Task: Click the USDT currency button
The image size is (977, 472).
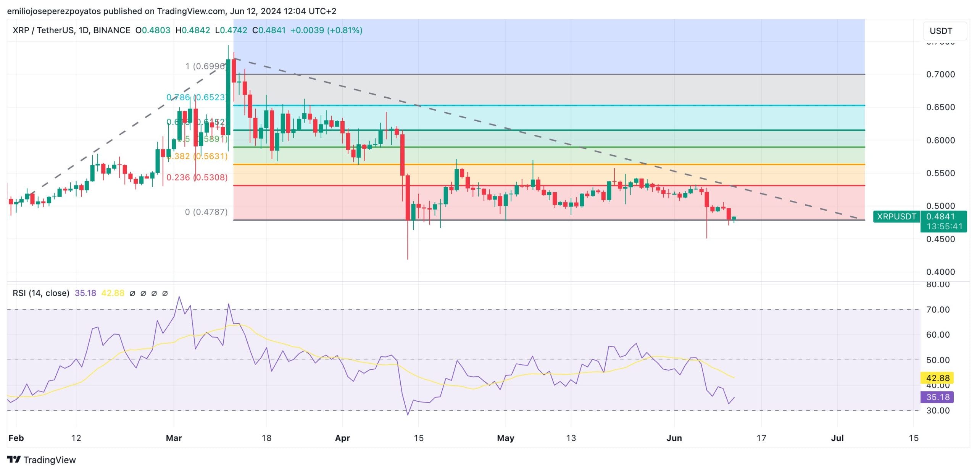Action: [941, 31]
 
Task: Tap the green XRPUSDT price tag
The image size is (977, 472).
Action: [896, 217]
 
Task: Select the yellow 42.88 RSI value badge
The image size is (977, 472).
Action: [937, 378]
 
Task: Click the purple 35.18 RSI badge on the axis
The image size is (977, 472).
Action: [937, 397]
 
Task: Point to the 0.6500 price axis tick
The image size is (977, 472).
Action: [940, 107]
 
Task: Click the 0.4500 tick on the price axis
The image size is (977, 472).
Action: [940, 239]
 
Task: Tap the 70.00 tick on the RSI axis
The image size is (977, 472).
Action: [938, 309]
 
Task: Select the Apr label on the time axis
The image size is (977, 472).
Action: [342, 438]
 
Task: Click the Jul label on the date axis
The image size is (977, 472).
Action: [837, 438]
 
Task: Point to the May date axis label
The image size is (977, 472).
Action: [505, 438]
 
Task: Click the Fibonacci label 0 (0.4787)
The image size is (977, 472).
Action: [206, 212]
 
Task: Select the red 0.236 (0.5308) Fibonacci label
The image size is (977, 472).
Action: [197, 177]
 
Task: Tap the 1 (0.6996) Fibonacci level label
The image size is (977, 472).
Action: [205, 66]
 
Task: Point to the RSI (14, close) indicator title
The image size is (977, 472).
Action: [41, 293]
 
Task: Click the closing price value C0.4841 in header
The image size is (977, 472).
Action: [269, 30]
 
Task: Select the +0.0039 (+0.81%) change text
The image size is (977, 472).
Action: [326, 30]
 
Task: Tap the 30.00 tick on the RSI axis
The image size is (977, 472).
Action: [938, 411]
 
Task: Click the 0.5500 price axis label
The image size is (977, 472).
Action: [940, 173]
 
